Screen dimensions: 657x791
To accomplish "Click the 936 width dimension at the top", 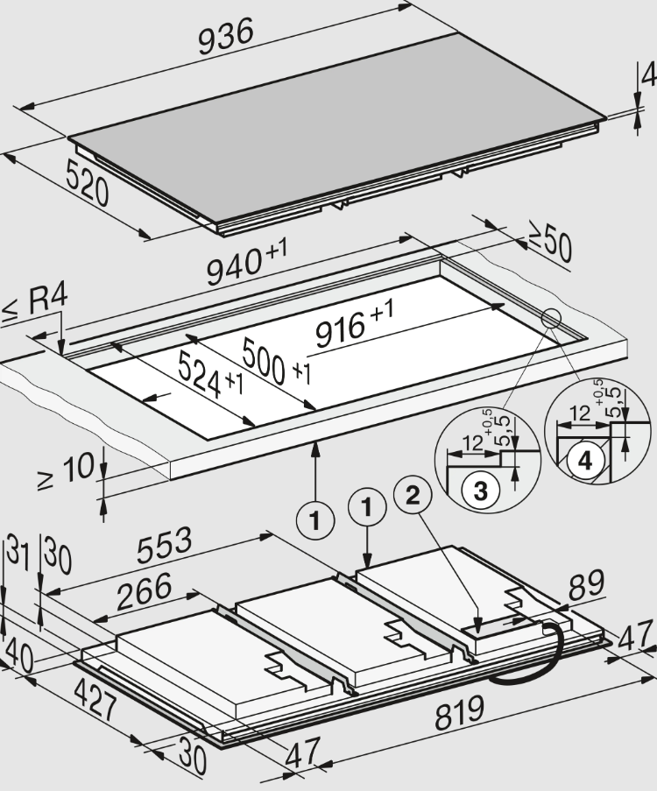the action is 225,36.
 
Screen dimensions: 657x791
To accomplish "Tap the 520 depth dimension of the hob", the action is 87,182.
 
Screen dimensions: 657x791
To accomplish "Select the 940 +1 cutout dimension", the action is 247,261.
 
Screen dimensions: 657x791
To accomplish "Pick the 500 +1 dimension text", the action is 276,361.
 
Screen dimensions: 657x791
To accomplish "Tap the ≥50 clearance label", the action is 549,244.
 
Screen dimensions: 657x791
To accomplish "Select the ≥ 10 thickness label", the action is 65,470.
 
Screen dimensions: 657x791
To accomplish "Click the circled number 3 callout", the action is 480,490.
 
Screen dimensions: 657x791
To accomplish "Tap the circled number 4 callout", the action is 585,460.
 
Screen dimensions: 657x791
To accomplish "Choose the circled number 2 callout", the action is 413,496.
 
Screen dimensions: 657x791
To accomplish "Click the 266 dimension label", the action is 145,591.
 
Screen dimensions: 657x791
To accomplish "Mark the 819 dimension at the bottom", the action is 459,712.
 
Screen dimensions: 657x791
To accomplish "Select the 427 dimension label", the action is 95,700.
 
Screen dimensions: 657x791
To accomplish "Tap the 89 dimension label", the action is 586,583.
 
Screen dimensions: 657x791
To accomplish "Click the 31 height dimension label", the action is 18,552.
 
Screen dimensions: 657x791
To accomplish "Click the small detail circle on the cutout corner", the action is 551,318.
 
